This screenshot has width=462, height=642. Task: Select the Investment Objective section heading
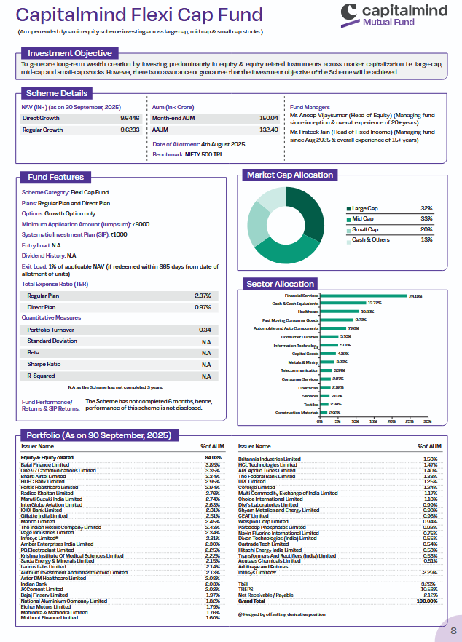click(70, 53)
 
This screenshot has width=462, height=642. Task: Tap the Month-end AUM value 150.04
click(268, 118)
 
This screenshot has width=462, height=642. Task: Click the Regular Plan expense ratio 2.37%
click(203, 296)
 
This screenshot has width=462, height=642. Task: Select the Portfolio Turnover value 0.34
click(205, 330)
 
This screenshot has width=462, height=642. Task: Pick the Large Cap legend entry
click(365, 208)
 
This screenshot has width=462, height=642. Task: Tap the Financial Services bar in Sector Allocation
click(364, 296)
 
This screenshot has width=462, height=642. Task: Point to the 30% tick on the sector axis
click(427, 421)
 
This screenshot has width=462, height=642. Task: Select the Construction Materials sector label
click(295, 412)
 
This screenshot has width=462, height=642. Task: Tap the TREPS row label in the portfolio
click(246, 590)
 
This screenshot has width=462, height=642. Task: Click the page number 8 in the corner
click(453, 630)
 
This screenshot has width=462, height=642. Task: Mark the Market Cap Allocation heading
click(290, 175)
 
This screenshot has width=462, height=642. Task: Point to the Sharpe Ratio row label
click(44, 364)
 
